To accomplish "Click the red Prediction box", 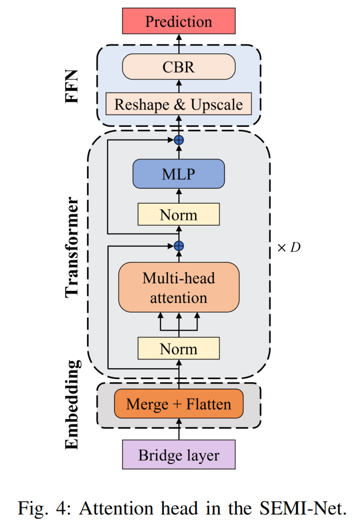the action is (x=179, y=21).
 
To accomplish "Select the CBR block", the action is (x=179, y=67).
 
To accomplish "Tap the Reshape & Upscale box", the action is (x=179, y=104).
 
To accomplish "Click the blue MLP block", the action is (x=179, y=174).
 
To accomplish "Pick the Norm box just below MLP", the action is (x=179, y=214).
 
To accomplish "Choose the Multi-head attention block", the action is (x=179, y=287).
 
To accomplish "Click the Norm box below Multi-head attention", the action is (x=179, y=348).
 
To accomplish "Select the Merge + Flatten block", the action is (x=179, y=404).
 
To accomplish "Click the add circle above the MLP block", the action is (x=179, y=140).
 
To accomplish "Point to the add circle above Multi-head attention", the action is (x=179, y=246).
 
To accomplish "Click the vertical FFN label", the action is (x=71, y=86).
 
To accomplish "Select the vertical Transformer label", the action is (x=71, y=247).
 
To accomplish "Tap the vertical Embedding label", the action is (x=73, y=405).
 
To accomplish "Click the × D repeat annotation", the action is (x=289, y=247).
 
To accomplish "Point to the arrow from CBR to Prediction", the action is (x=179, y=44).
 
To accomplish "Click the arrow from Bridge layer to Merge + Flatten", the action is (x=179, y=429).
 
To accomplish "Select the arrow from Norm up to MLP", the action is (x=179, y=196).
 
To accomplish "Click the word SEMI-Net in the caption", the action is (x=303, y=508).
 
